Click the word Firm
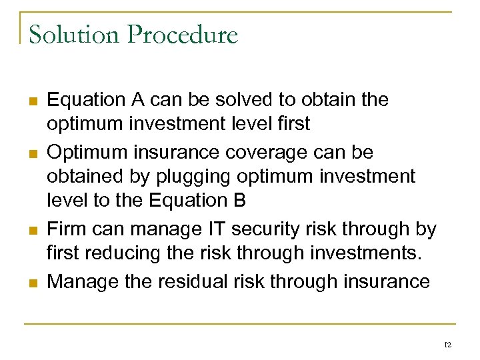click(67, 229)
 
